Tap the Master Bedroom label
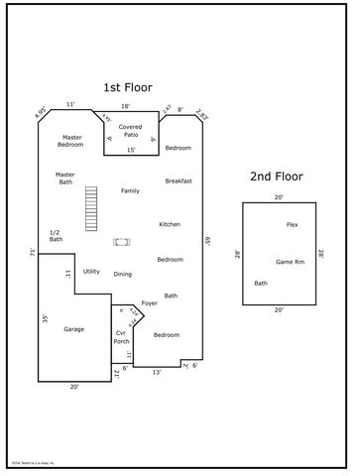[x=71, y=142]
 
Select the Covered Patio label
[x=131, y=131]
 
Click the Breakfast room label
[x=179, y=180]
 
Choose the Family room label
[x=130, y=190]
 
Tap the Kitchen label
[x=170, y=224]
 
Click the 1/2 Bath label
[x=56, y=236]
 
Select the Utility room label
[x=91, y=271]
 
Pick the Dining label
[x=122, y=274]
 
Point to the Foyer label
[x=150, y=302]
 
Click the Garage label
[x=73, y=328]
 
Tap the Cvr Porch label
[x=121, y=337]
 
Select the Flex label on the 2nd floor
[x=292, y=225]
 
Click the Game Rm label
[x=290, y=261]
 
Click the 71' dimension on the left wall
[x=33, y=254]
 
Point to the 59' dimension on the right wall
[x=208, y=239]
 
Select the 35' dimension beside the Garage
[x=45, y=318]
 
